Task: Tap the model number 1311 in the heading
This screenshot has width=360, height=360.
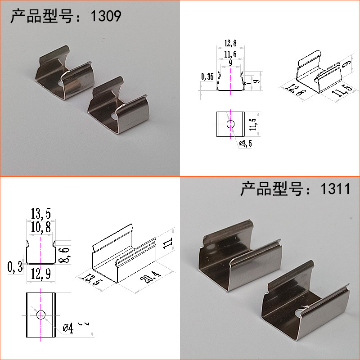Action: (335, 189)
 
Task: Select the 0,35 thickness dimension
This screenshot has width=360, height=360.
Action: (207, 77)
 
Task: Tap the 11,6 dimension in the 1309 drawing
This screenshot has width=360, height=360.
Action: (230, 54)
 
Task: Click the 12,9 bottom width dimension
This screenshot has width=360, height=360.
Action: (40, 273)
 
